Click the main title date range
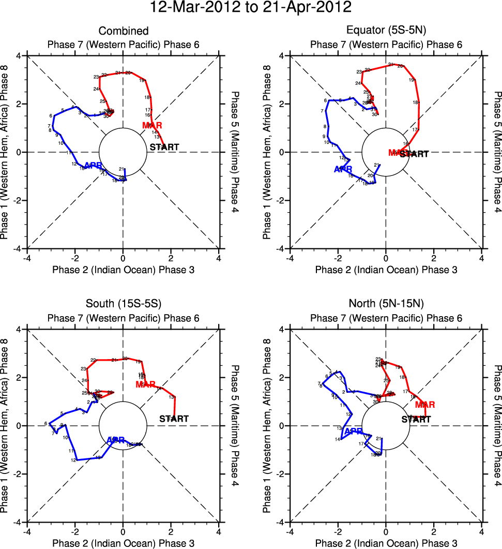(x=251, y=8)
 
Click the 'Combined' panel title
(x=123, y=32)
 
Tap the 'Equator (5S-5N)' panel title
(x=386, y=32)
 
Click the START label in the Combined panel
(x=164, y=147)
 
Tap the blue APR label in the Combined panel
(x=93, y=166)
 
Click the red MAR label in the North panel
(x=425, y=405)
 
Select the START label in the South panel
(x=174, y=419)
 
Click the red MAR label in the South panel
(x=145, y=384)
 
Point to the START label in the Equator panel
(x=415, y=154)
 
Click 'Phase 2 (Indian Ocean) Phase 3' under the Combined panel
(x=123, y=270)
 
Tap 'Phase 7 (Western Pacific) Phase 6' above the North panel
(x=386, y=318)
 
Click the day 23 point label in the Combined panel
(x=96, y=77)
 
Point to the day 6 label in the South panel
(x=45, y=423)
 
